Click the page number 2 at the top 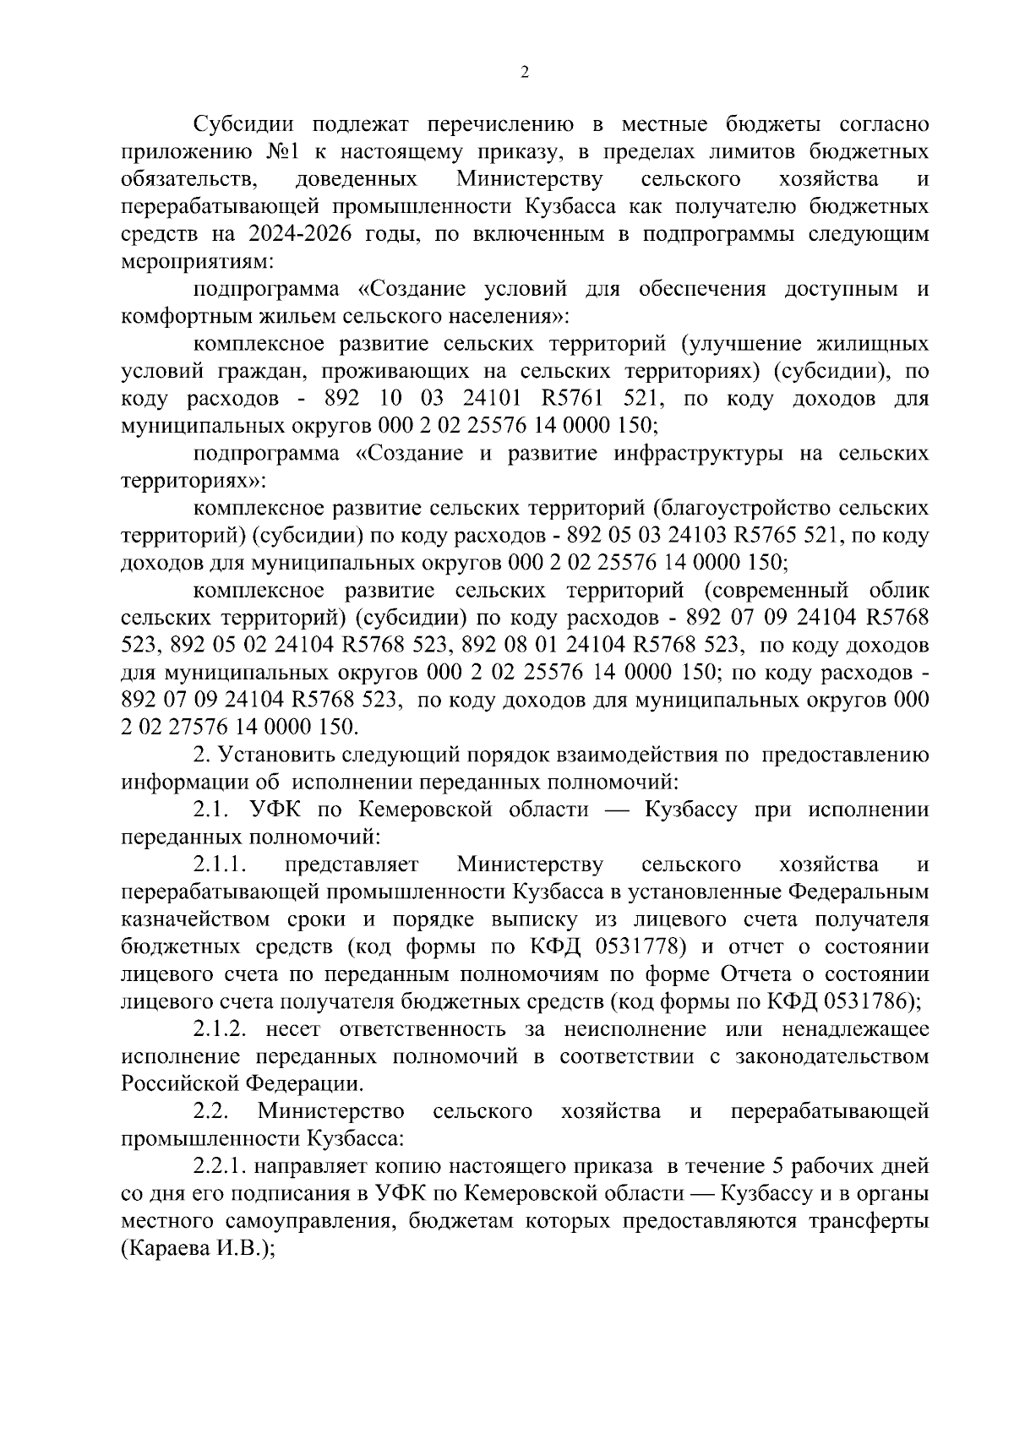point(524,74)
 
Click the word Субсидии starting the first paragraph point(243,124)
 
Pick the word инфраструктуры point(682,454)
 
